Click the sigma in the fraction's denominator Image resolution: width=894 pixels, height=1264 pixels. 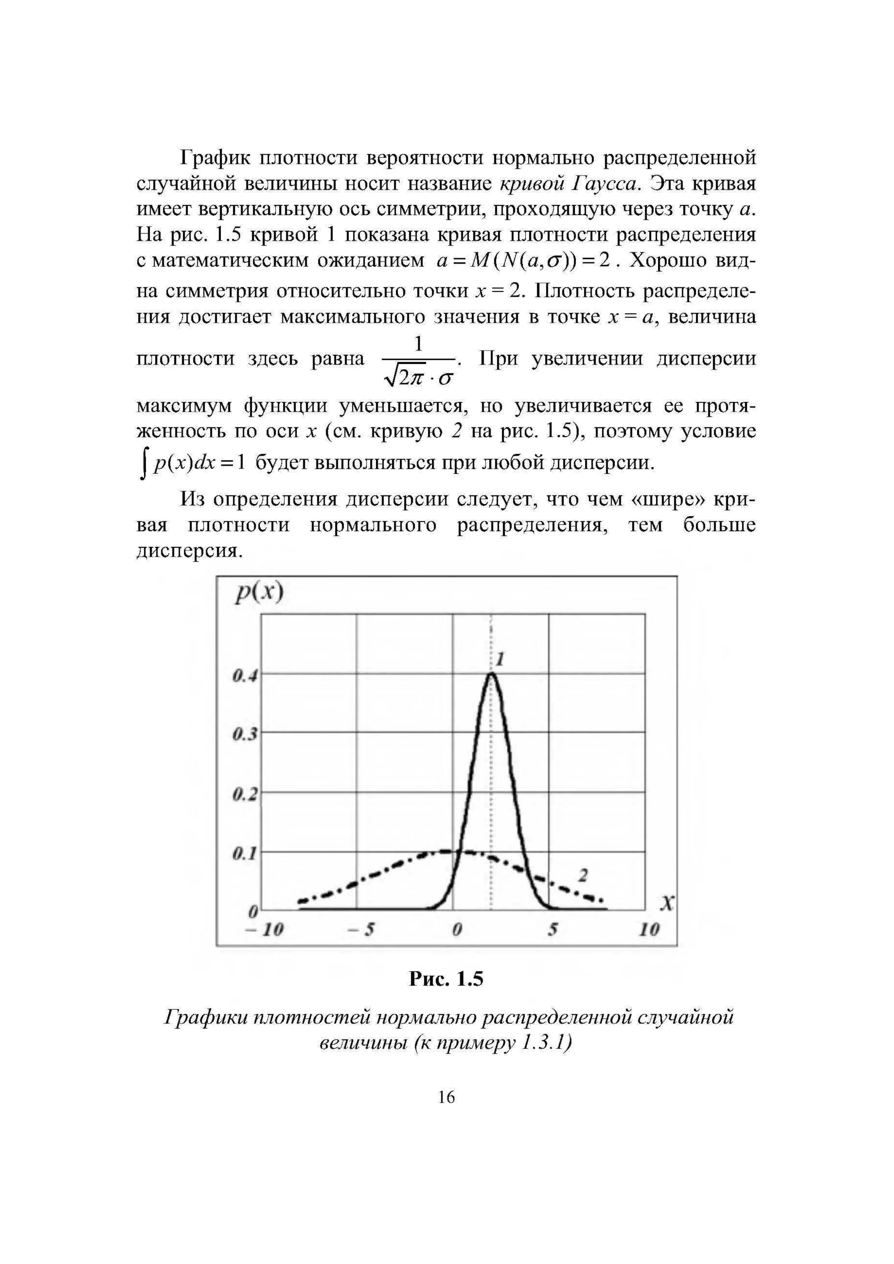(x=446, y=378)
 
